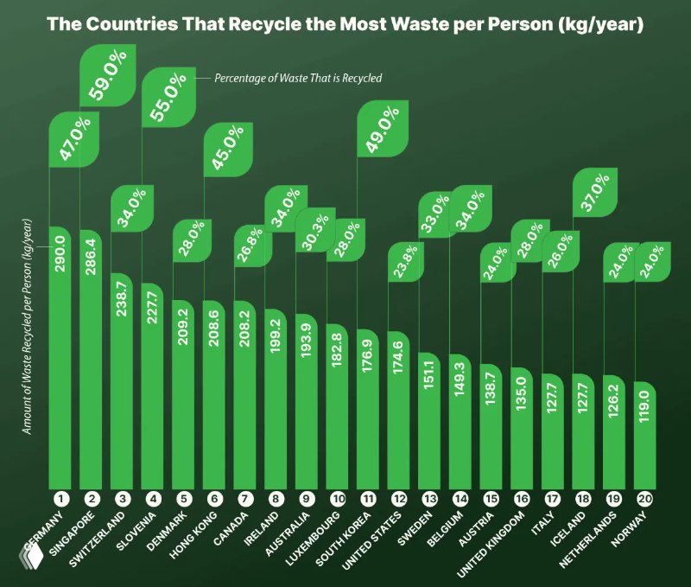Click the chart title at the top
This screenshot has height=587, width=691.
click(345, 22)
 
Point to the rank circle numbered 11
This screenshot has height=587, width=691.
click(369, 499)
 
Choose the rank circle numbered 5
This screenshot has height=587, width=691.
click(183, 499)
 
